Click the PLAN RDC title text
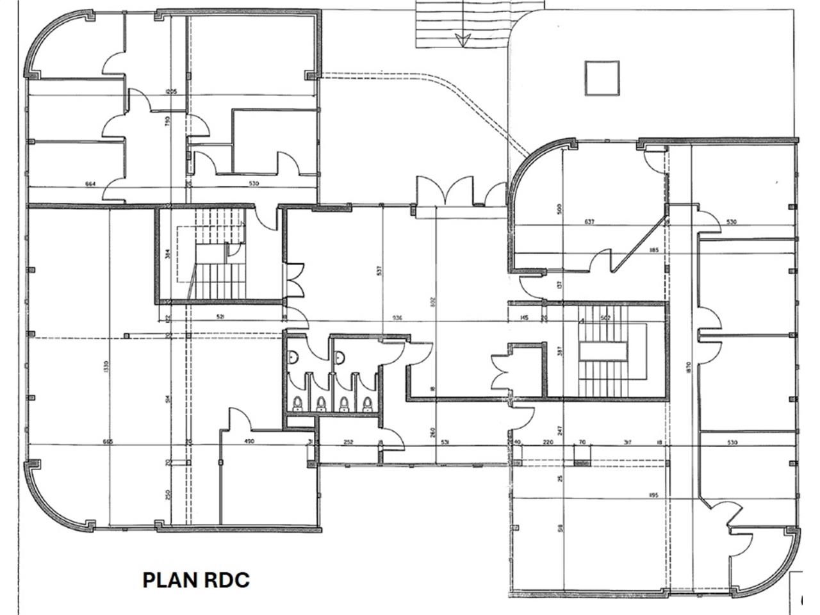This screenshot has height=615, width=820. point(195,580)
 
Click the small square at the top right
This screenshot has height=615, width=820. point(602,78)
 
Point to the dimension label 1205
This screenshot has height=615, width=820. point(170,92)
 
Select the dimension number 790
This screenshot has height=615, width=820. point(167,120)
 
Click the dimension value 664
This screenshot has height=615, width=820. point(90,184)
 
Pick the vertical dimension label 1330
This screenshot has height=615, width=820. point(106,367)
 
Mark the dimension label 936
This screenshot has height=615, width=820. point(397,318)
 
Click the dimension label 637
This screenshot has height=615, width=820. point(589,222)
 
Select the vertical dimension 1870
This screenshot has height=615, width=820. point(687,368)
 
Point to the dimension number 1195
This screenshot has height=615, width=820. point(653,495)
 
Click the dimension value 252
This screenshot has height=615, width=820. point(348,442)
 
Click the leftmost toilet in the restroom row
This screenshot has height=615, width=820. point(297,404)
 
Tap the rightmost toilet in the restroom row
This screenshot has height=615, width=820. point(368,404)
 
